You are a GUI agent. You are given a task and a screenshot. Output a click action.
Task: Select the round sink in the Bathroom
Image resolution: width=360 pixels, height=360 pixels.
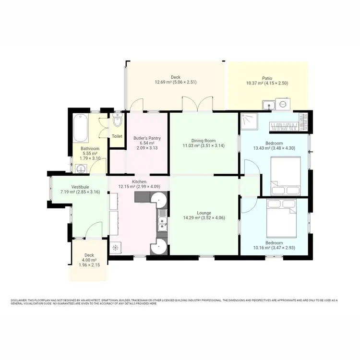(81, 168)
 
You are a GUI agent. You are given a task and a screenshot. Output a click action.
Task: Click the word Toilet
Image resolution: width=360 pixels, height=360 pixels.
(117, 136)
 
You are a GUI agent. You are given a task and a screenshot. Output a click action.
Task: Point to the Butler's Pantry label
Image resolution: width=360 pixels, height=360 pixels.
(147, 138)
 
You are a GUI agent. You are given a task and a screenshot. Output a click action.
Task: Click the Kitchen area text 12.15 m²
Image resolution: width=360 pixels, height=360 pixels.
(127, 186)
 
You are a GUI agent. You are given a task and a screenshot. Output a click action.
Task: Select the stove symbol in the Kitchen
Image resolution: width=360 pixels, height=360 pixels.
(115, 248)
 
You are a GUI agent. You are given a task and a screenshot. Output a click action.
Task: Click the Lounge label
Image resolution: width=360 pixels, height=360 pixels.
(204, 213)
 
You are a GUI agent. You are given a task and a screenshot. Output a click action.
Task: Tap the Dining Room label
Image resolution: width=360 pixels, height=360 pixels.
(204, 140)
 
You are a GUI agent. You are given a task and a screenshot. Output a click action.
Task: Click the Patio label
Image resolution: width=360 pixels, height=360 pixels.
(267, 78)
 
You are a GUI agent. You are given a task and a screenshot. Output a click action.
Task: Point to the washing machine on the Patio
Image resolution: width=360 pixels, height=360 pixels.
(283, 104)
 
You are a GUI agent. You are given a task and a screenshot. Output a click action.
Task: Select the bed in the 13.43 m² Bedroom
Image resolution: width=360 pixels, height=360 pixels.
(286, 176)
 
